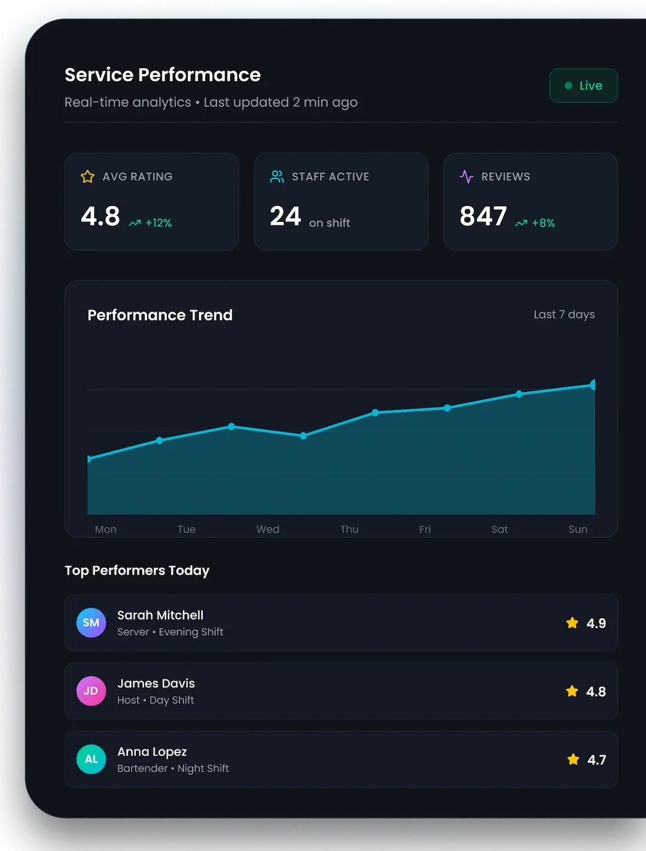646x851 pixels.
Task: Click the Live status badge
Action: click(x=583, y=86)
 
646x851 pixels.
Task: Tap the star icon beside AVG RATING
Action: click(x=87, y=176)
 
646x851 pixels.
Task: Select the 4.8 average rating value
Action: click(x=100, y=216)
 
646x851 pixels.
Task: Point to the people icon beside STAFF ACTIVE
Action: click(x=277, y=176)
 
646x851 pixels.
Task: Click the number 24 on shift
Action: click(x=285, y=216)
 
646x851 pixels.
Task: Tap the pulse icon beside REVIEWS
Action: click(x=467, y=176)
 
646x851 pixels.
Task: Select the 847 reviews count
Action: click(x=483, y=216)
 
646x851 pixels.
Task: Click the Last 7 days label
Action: click(x=564, y=315)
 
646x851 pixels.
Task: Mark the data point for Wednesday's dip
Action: click(x=303, y=436)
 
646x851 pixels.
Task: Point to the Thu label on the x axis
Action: click(x=349, y=529)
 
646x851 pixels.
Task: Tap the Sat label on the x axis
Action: click(x=499, y=529)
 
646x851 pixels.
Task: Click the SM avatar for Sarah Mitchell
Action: click(x=91, y=623)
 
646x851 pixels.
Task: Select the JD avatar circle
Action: click(x=91, y=691)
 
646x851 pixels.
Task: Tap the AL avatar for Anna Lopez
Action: click(x=91, y=759)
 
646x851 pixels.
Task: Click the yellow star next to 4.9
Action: click(x=572, y=623)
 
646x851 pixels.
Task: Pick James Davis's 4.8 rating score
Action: click(x=596, y=691)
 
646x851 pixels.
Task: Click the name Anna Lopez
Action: click(x=152, y=752)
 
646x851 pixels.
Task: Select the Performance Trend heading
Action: click(x=160, y=315)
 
